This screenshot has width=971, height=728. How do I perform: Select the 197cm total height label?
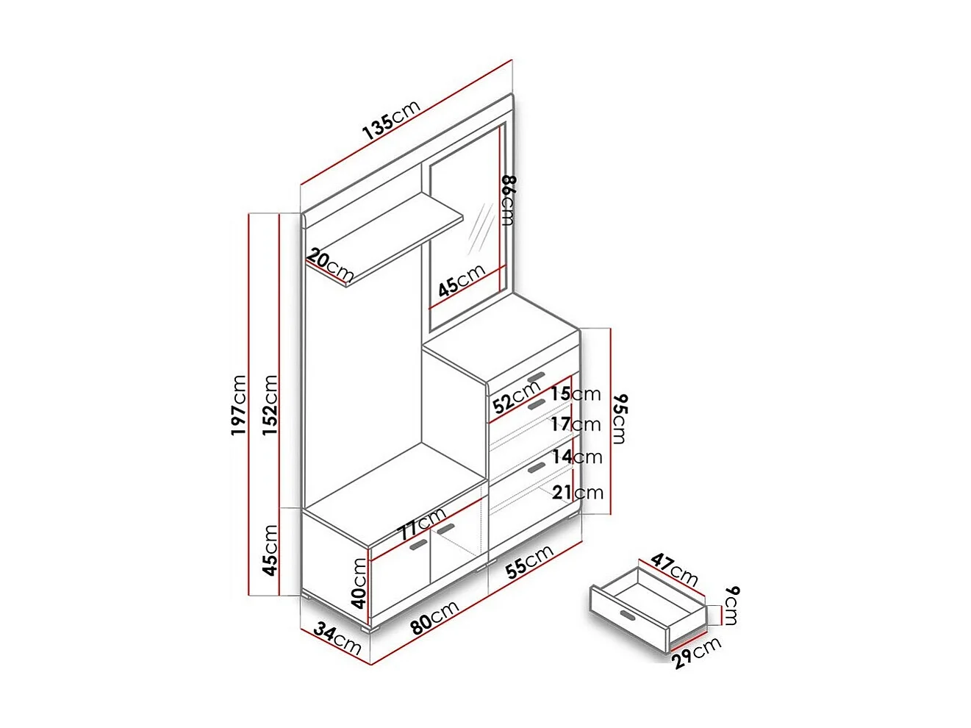pos(240,404)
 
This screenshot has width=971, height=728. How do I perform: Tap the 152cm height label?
pos(270,404)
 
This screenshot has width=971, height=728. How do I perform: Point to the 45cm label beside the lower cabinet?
pos(270,549)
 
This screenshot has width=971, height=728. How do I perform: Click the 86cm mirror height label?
pos(508,200)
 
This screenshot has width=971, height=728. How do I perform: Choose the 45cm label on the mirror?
pos(461,280)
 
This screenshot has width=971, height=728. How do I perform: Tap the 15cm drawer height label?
pos(576,394)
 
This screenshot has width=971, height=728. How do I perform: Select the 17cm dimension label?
pos(576,424)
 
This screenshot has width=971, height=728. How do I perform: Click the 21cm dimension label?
pos(578,492)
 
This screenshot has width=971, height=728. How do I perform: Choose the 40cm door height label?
pos(359,582)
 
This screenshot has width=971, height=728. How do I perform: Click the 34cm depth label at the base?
pos(337,638)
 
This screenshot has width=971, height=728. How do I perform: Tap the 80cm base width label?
pos(434,616)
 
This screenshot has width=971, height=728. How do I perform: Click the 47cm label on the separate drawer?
pos(674,569)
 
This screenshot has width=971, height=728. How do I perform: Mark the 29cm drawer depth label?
pos(697,652)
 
